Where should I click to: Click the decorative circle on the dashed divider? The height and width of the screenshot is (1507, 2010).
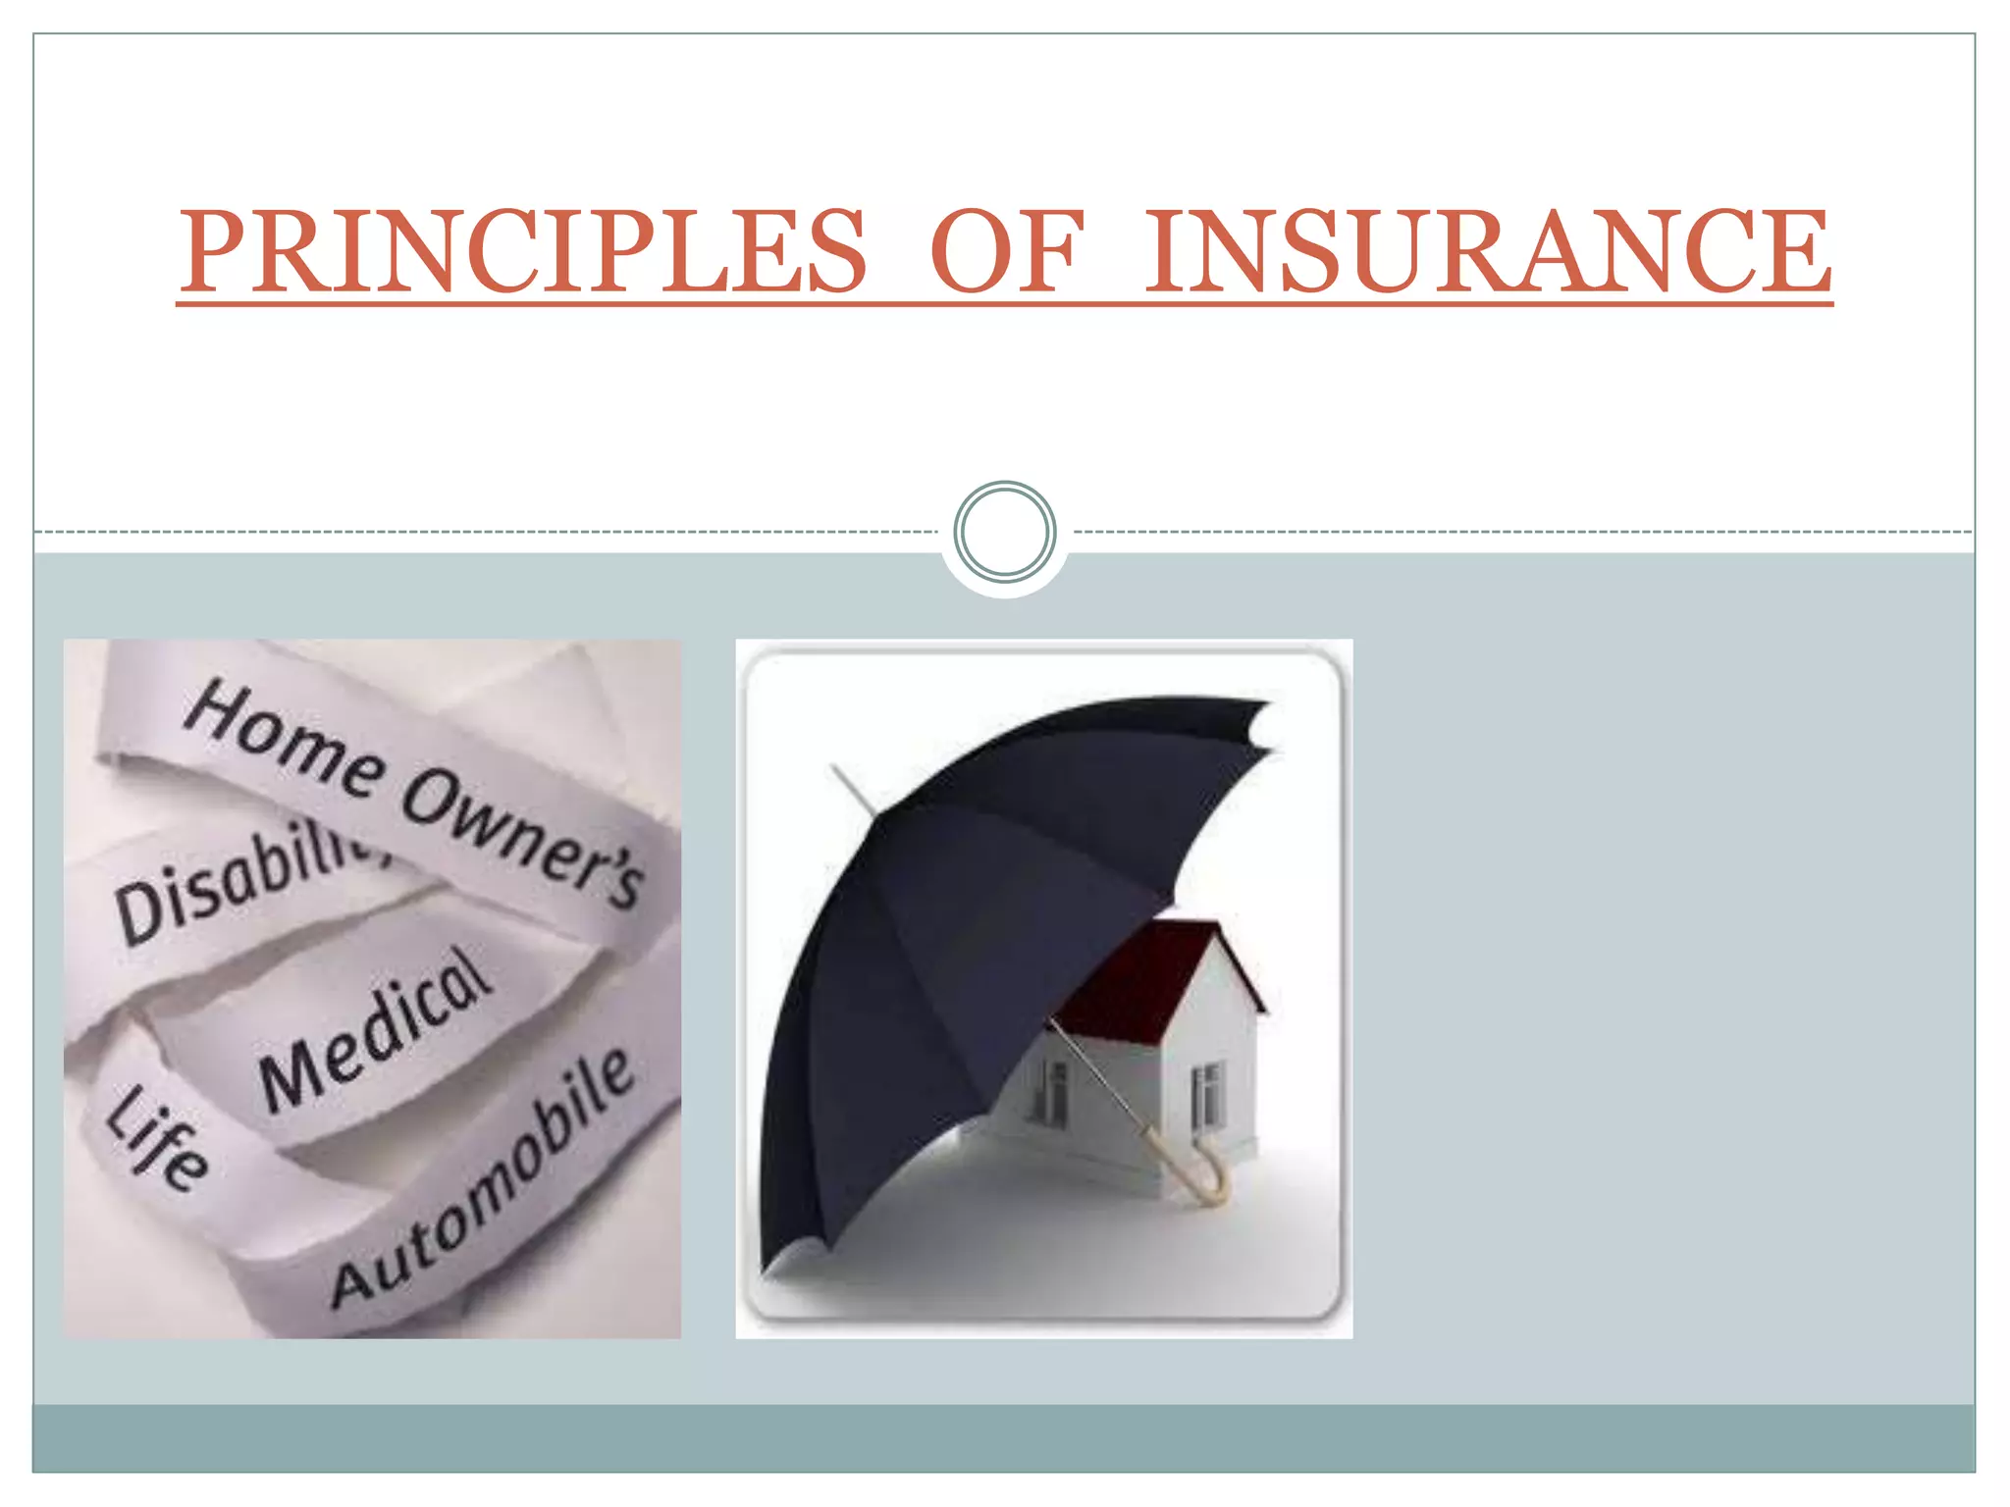coord(1004,531)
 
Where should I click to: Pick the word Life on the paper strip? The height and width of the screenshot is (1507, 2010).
coord(157,1138)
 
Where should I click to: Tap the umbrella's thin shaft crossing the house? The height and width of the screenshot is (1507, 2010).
coord(1099,1079)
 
